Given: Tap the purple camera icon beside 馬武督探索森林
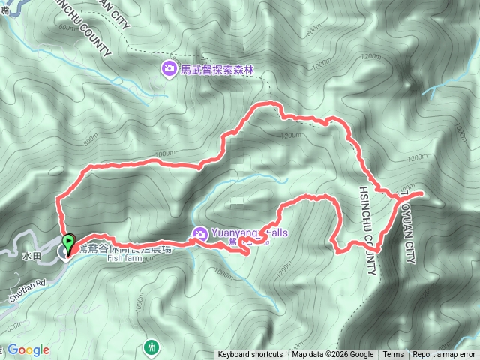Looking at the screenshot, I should (169, 70).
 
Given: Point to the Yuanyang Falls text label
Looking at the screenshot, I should (247, 233).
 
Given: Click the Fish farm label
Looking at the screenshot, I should (124, 259).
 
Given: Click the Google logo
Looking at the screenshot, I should (28, 349).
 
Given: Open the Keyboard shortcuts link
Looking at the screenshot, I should (250, 355).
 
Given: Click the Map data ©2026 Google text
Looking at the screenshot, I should (332, 355).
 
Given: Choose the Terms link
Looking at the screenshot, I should (393, 355).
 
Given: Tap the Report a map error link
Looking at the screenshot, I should (444, 355).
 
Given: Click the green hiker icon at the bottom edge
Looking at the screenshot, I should (151, 346).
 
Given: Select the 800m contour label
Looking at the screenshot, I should (90, 139).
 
